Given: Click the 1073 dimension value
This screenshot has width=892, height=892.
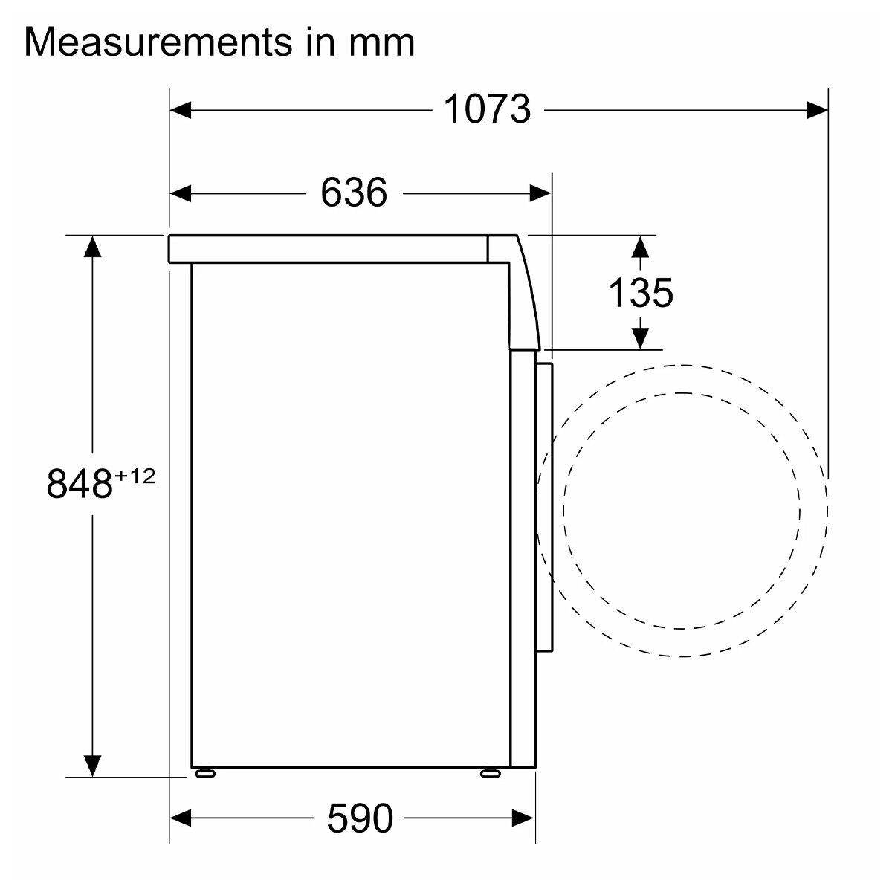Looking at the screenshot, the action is (x=487, y=109).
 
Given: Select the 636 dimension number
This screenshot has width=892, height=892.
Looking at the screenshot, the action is (x=354, y=193).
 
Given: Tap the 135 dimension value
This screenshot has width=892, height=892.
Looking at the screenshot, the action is (x=641, y=293).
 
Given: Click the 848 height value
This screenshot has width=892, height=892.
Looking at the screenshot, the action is (x=79, y=484).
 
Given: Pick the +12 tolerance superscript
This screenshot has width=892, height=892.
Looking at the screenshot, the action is (x=135, y=476).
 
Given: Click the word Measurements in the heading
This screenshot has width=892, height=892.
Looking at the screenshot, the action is (x=158, y=42).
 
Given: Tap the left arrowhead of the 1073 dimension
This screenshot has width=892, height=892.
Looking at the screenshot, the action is (x=181, y=110).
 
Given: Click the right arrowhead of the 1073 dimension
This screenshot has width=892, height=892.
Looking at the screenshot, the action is (x=817, y=110).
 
